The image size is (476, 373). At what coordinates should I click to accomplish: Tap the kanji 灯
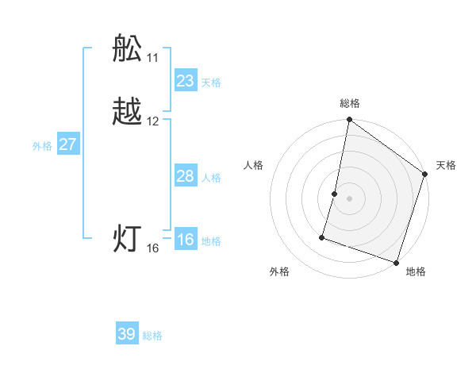(127, 239)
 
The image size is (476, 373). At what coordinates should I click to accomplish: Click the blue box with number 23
(186, 81)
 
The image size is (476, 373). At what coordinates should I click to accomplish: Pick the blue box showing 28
(186, 176)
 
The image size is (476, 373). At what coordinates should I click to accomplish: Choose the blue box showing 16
(186, 240)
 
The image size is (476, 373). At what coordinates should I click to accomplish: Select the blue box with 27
(68, 144)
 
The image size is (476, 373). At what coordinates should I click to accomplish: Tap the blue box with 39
(127, 334)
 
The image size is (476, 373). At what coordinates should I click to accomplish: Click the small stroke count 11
(152, 59)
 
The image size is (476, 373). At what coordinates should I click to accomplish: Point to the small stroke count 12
(153, 121)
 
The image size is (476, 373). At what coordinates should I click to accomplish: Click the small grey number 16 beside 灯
(153, 248)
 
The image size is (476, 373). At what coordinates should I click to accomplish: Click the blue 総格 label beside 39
(153, 336)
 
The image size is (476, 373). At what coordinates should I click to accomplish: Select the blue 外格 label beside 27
(42, 146)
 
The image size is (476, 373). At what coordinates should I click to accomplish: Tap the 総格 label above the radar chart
(350, 103)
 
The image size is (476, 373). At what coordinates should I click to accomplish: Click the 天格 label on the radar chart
(446, 165)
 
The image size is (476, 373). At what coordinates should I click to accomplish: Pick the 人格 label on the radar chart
(254, 165)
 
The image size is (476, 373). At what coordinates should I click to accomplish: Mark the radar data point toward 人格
(335, 194)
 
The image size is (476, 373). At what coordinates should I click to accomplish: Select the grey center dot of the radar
(350, 198)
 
